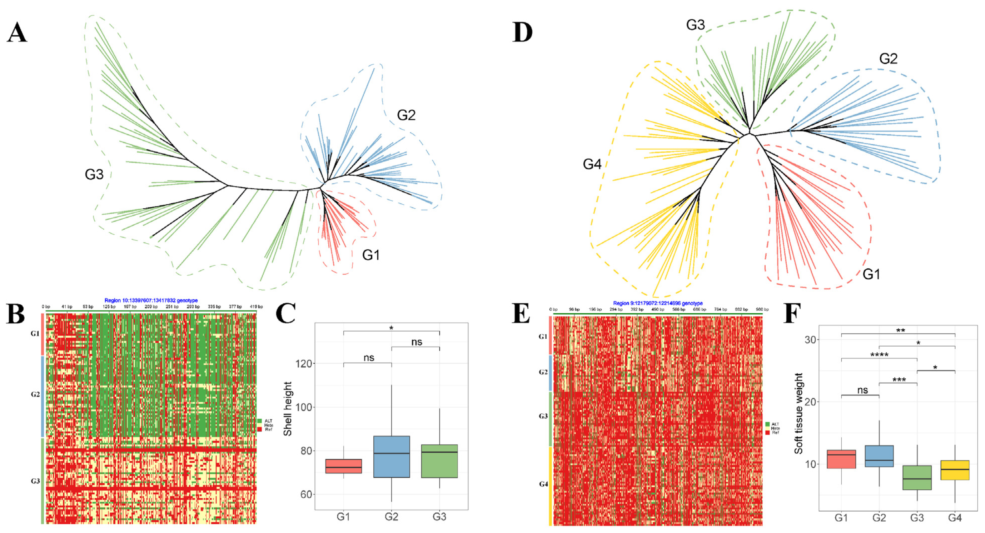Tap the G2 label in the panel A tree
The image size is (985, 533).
click(x=406, y=115)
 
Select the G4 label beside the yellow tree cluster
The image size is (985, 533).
click(x=592, y=164)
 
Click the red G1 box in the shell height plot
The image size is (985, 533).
click(x=343, y=466)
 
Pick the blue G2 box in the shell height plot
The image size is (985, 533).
click(x=392, y=457)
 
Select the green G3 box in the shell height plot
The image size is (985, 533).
click(x=439, y=461)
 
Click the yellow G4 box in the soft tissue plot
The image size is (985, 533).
click(x=955, y=470)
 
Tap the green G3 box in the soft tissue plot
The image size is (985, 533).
click(x=917, y=478)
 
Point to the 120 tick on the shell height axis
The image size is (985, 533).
click(x=304, y=363)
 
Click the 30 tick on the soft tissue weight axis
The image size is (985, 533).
click(x=810, y=339)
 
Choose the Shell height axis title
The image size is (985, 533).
click(x=288, y=409)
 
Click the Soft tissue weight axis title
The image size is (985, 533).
click(x=799, y=413)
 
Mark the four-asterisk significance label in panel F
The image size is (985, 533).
click(x=879, y=355)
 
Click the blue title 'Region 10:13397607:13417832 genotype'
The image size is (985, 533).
click(x=151, y=300)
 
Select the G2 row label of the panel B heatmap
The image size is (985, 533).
click(x=35, y=394)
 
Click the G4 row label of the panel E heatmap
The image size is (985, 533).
click(x=543, y=484)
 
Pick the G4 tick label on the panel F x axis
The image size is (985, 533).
click(x=955, y=518)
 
